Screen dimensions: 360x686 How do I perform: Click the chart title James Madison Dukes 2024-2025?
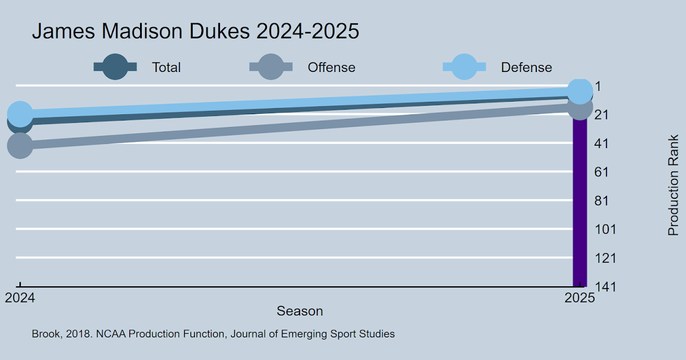pyautogui.click(x=196, y=31)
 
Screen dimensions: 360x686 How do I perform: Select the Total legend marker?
pyautogui.click(x=115, y=67)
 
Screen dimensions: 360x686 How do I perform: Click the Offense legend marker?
pyautogui.click(x=271, y=67)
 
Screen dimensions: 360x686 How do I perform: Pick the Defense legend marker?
pyautogui.click(x=464, y=67)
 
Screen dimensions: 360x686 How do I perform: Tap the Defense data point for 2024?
pyautogui.click(x=20, y=114)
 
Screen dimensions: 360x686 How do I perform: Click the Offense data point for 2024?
pyautogui.click(x=20, y=145)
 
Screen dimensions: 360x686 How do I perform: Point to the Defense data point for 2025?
pyautogui.click(x=580, y=90)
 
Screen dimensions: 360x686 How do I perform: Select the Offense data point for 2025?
pyautogui.click(x=580, y=107)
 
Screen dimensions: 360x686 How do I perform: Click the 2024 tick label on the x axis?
pyautogui.click(x=20, y=298)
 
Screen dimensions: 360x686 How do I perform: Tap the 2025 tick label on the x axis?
pyautogui.click(x=580, y=298)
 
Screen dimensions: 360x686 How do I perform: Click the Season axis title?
pyautogui.click(x=300, y=311)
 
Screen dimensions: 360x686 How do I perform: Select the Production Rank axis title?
pyautogui.click(x=673, y=185)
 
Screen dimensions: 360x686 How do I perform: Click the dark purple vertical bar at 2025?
pyautogui.click(x=580, y=206)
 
